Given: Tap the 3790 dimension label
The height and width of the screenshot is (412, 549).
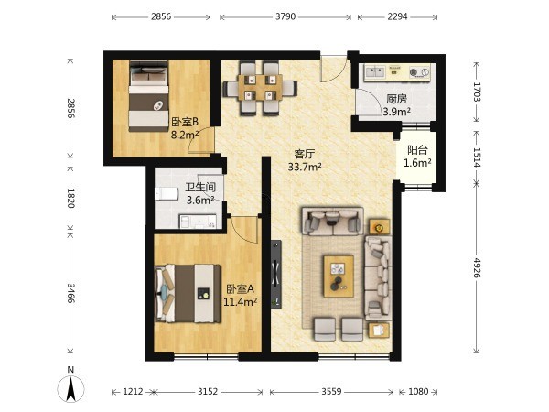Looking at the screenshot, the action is tap(285, 16).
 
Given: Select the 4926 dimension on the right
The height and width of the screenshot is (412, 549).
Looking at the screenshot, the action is tap(477, 267).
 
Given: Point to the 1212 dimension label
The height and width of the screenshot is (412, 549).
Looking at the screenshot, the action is tap(133, 391).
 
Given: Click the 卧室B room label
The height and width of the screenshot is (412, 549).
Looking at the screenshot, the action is tap(185, 122).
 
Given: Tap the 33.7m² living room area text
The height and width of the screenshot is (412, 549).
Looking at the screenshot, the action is tap(305, 167).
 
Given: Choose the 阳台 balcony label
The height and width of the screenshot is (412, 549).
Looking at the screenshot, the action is tap(417, 150).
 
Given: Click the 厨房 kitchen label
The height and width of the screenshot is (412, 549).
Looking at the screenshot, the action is tap(396, 99).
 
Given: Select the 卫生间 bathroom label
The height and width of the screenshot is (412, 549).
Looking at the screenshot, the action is tap(200, 187).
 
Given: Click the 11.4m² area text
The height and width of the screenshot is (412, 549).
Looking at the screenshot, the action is tap(241, 301).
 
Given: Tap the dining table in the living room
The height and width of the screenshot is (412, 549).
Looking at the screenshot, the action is tap(260, 88).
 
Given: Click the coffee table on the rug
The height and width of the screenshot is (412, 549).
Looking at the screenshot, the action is tap(339, 276).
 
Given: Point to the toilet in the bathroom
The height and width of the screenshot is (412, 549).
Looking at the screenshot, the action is tap(166, 194).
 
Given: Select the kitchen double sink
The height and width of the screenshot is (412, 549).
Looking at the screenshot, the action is tap(375, 72).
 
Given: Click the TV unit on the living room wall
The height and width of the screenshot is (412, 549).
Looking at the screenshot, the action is tap(276, 275).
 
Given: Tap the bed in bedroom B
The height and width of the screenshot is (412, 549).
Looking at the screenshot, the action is tap(148, 96).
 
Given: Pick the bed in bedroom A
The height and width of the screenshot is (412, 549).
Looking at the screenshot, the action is tap(188, 294).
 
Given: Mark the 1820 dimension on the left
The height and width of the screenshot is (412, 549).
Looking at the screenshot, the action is tap(70, 198).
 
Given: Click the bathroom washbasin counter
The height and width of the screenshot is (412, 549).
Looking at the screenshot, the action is tap(199, 222).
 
